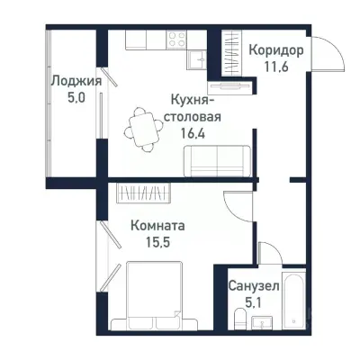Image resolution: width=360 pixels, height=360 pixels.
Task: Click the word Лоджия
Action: click(x=76, y=81)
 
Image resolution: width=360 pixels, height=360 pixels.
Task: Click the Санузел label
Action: click(x=253, y=286)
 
